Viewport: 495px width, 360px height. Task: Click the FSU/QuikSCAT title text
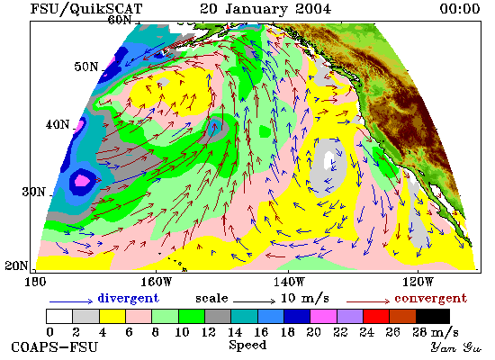(86, 8)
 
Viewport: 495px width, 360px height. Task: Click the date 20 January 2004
(265, 8)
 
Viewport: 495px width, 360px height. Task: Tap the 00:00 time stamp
(460, 8)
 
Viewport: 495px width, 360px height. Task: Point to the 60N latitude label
(120, 20)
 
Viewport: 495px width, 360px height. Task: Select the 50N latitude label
(85, 67)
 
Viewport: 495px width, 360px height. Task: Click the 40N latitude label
(58, 124)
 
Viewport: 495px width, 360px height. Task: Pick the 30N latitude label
(33, 192)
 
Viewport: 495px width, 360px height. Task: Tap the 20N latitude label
(16, 265)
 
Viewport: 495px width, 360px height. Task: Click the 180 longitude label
(35, 282)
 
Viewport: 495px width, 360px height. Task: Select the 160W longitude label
(156, 282)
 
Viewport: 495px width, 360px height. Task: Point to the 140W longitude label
(289, 282)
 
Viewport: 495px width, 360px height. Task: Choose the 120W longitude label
(418, 282)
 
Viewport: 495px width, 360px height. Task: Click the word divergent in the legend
(128, 299)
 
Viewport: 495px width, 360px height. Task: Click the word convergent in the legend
(430, 299)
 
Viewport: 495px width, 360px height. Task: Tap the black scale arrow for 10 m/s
(255, 301)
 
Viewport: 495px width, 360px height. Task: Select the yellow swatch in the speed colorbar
(112, 317)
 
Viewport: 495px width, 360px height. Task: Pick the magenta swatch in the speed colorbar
(323, 317)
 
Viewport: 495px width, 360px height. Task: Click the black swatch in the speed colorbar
(433, 317)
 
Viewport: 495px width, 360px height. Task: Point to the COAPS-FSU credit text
(54, 346)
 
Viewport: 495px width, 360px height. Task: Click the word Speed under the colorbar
(247, 346)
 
